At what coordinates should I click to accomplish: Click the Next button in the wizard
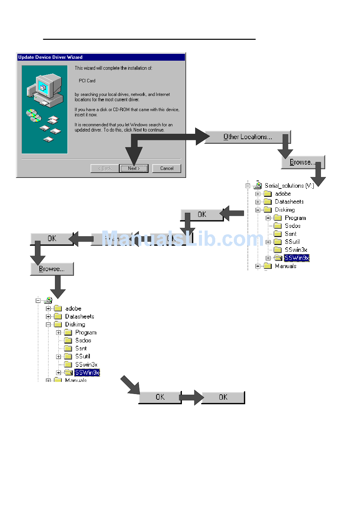(134, 168)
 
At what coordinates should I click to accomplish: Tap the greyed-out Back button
(105, 168)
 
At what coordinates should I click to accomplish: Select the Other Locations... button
(247, 137)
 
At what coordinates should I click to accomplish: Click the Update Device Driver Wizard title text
(50, 57)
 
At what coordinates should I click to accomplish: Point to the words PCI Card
(87, 81)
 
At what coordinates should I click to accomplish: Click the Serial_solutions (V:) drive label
(289, 185)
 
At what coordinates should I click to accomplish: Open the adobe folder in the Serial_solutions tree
(283, 194)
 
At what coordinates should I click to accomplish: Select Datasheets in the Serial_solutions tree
(289, 202)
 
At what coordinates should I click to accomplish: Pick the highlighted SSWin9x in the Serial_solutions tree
(297, 258)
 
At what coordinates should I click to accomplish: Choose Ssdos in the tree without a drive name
(83, 341)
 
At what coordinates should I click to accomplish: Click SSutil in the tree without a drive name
(83, 356)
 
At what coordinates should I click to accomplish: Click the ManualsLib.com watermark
(182, 239)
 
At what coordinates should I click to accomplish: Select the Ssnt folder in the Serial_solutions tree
(291, 234)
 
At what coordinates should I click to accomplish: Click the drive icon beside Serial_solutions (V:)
(258, 185)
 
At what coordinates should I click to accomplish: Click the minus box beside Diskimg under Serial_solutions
(258, 210)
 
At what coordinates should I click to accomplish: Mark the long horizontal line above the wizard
(149, 39)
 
